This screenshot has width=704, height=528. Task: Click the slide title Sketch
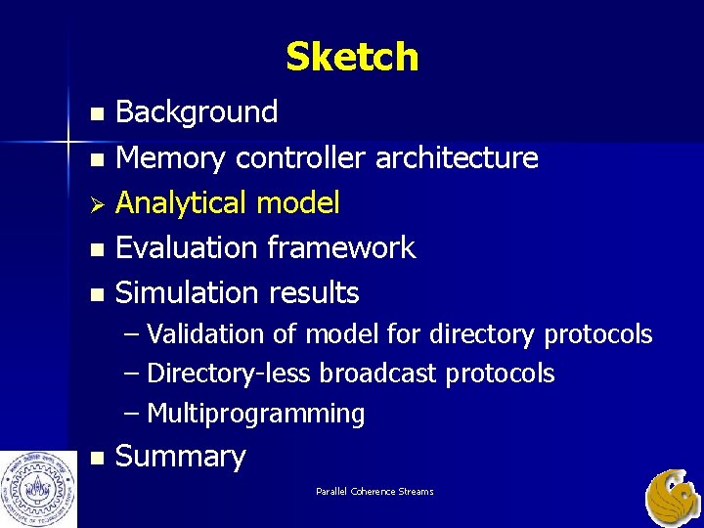point(352,58)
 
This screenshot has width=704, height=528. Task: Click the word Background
point(197,112)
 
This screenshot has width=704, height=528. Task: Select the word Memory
point(171,157)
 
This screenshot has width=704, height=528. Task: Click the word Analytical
point(181,203)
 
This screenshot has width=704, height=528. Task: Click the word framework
point(339,248)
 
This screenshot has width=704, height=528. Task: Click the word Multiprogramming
point(255,414)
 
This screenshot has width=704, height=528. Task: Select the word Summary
point(180,457)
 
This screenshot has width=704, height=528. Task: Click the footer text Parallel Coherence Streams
point(374,491)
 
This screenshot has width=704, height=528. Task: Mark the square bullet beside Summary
point(95,458)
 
